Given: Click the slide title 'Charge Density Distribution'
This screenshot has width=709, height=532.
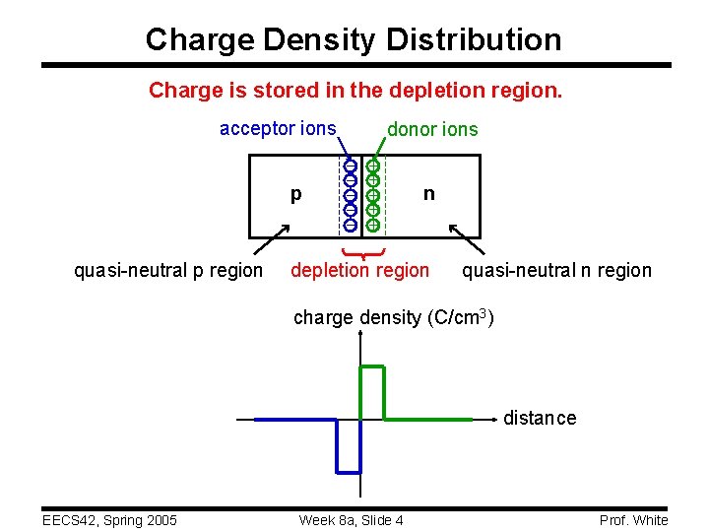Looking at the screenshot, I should [354, 39].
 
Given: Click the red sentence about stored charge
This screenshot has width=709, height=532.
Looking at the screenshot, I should [355, 91].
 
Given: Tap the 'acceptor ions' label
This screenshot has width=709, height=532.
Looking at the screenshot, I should [278, 128].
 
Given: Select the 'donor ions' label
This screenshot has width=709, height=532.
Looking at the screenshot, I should [432, 129].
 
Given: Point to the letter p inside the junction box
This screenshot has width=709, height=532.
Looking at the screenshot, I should [296, 195].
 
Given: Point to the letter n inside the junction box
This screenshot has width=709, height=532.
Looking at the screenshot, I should [428, 193].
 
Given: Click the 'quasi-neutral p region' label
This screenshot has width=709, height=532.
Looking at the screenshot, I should [168, 270].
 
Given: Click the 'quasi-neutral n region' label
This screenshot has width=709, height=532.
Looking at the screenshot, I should [556, 270].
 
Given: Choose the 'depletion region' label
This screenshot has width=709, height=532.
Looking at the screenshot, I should [359, 270].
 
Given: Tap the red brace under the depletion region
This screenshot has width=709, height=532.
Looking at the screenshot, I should [361, 254].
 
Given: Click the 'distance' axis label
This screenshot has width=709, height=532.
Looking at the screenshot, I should [540, 418].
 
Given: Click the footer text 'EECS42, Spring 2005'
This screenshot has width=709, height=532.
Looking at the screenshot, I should [108, 520].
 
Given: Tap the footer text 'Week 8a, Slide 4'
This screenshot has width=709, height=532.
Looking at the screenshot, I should [351, 520].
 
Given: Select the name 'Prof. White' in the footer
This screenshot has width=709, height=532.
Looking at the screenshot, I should [633, 520].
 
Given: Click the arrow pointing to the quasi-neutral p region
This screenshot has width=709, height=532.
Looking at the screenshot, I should [276, 237].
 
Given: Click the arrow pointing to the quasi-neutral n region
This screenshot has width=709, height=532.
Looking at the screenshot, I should [466, 239].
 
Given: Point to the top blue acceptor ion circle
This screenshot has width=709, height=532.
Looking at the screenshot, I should [350, 166].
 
